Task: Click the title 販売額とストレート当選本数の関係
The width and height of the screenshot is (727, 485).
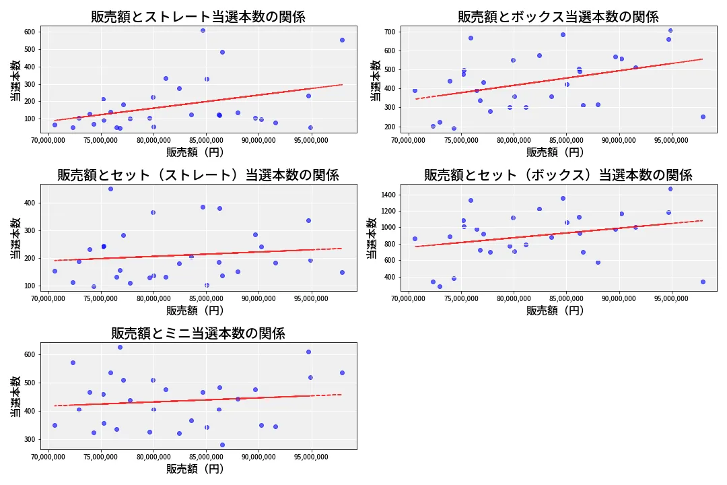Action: point(198,17)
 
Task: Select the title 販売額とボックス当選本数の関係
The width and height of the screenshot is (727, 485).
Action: point(558,17)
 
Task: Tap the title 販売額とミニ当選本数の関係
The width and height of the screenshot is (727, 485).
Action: point(198,333)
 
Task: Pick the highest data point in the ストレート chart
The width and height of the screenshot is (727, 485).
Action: point(203,30)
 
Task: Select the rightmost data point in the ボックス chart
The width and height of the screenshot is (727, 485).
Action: point(703,117)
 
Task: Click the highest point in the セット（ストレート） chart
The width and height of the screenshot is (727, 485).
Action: point(110,189)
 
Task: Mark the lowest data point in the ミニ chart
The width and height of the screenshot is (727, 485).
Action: point(222,445)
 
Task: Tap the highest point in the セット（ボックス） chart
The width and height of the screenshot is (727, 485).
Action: point(670,189)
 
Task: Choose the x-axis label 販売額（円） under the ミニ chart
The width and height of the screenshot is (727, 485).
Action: point(195,469)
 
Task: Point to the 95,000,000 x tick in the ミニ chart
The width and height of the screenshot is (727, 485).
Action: point(311,457)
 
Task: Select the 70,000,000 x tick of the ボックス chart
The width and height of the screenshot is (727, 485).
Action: point(409,141)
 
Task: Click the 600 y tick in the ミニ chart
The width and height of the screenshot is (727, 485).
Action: point(30,354)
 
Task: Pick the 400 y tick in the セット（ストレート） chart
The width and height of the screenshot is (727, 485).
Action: point(30,203)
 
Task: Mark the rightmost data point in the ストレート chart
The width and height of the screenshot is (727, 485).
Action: point(342,40)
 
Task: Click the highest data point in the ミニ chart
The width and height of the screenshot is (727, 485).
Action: point(120,347)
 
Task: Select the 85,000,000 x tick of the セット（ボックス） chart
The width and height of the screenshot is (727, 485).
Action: point(567,299)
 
